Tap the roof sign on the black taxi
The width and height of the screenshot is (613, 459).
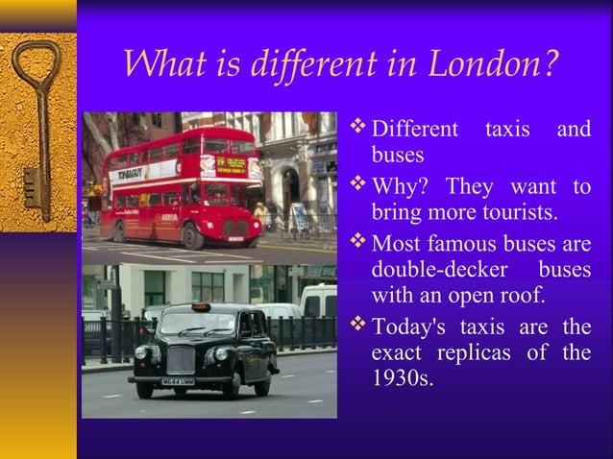pyautogui.click(x=199, y=307)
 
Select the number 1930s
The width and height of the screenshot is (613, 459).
pyautogui.click(x=403, y=379)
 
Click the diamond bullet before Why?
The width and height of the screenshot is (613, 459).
pyautogui.click(x=358, y=182)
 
